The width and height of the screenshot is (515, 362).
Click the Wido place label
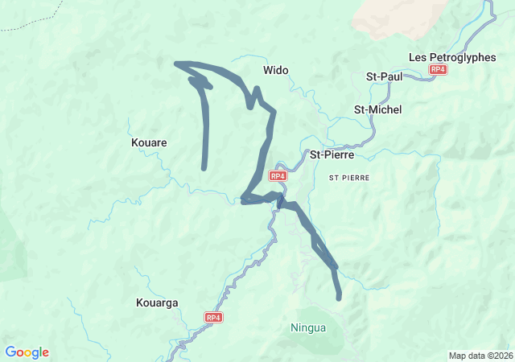pyautogui.click(x=276, y=71)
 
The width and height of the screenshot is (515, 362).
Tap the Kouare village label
pyautogui.click(x=149, y=142)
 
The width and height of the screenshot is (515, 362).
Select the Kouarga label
pyautogui.click(x=157, y=303)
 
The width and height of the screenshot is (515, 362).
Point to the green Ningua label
pyautogui.click(x=308, y=327)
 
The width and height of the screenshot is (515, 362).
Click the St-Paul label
pyautogui.click(x=384, y=76)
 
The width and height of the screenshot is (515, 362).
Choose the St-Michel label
pyautogui.click(x=377, y=109)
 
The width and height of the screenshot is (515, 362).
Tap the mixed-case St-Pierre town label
pyautogui.click(x=333, y=154)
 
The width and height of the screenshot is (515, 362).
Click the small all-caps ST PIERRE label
pyautogui.click(x=349, y=176)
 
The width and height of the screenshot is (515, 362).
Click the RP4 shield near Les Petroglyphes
pyautogui.click(x=438, y=70)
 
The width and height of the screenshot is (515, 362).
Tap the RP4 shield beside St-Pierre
pyautogui.click(x=278, y=175)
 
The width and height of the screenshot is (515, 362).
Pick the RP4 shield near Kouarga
pyautogui.click(x=213, y=318)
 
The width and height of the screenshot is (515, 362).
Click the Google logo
pyautogui.click(x=27, y=352)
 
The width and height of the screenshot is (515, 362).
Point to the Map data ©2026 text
pyautogui.click(x=480, y=356)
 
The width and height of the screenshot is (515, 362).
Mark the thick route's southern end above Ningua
pyautogui.click(x=339, y=298)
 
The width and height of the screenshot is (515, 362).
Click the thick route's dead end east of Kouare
pyautogui.click(x=204, y=167)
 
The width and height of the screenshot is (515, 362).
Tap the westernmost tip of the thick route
pyautogui.click(x=177, y=63)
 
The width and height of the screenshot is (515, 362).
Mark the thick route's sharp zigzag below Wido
pyautogui.click(x=253, y=98)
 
